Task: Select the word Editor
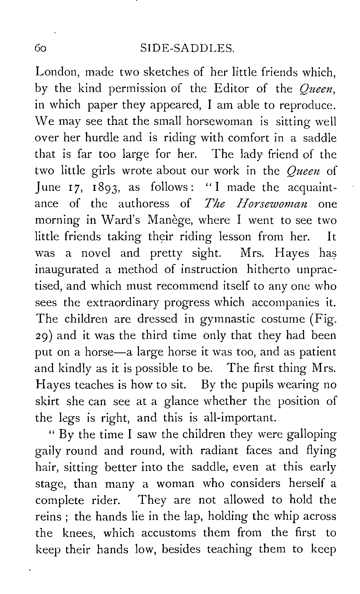click(231, 89)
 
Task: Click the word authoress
click(144, 204)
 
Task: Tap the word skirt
click(47, 401)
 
